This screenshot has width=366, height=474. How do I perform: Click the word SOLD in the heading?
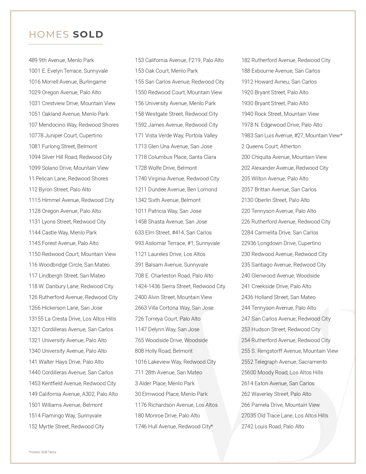[x=88, y=34]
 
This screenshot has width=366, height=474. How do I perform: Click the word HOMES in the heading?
[x=49, y=34]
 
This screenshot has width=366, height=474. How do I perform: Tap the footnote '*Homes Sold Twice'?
[x=42, y=452]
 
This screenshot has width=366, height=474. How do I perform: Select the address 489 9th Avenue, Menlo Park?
[x=61, y=60]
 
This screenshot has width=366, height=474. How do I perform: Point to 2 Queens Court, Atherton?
[x=271, y=147]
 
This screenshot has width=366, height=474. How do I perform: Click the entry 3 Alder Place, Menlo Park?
[x=164, y=384]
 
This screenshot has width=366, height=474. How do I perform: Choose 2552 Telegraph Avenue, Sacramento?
[x=284, y=362]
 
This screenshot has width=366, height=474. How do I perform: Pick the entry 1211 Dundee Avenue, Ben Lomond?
[x=176, y=190]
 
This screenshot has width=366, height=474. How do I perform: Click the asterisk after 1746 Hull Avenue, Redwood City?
[x=212, y=426]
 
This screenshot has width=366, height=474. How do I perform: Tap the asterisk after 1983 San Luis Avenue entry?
[x=341, y=135]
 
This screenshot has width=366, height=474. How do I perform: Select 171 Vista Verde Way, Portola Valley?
[x=176, y=136]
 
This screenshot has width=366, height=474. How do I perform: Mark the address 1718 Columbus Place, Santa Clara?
[x=175, y=157]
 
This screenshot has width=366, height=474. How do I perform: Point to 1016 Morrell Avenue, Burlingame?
[x=67, y=82]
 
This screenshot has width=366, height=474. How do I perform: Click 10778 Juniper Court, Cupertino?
[x=65, y=136]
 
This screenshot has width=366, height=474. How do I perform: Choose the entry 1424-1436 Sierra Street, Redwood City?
[x=180, y=286]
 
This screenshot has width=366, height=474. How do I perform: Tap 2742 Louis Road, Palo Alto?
[x=272, y=427]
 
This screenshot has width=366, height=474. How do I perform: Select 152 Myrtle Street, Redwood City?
[x=66, y=427]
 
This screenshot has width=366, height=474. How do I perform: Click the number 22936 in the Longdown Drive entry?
[x=249, y=243]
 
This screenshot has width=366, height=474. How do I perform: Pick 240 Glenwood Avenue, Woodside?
[x=280, y=276]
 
